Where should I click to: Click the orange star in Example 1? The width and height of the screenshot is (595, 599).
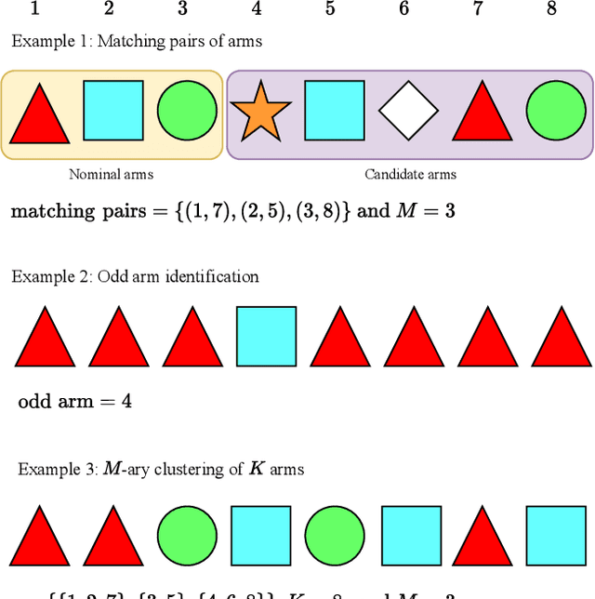click(x=259, y=113)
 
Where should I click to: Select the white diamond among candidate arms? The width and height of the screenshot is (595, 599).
click(x=408, y=112)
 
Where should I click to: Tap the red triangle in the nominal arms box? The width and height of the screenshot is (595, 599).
click(x=39, y=115)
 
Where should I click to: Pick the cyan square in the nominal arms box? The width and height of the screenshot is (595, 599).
click(x=113, y=111)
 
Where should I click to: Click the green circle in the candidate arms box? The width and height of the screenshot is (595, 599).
click(x=556, y=111)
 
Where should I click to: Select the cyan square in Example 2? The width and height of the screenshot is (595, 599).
click(x=267, y=336)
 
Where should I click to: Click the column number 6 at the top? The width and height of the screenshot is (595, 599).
click(x=403, y=9)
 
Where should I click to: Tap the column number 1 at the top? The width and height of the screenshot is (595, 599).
click(x=35, y=9)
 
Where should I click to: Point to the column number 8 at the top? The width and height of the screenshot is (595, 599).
click(x=551, y=9)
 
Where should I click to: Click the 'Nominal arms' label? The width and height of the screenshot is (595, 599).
click(x=112, y=174)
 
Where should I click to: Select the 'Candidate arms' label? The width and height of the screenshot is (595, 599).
click(x=410, y=174)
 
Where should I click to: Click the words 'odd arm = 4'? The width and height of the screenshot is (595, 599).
click(x=75, y=402)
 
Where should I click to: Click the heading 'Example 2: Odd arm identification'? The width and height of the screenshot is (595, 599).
click(x=135, y=276)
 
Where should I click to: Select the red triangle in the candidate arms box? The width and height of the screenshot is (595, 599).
click(x=482, y=113)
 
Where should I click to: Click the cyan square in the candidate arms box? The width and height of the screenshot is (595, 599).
click(x=335, y=111)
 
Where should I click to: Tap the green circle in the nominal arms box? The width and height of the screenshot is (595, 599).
click(x=187, y=111)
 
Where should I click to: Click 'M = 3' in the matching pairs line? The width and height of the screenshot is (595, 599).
click(x=425, y=211)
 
